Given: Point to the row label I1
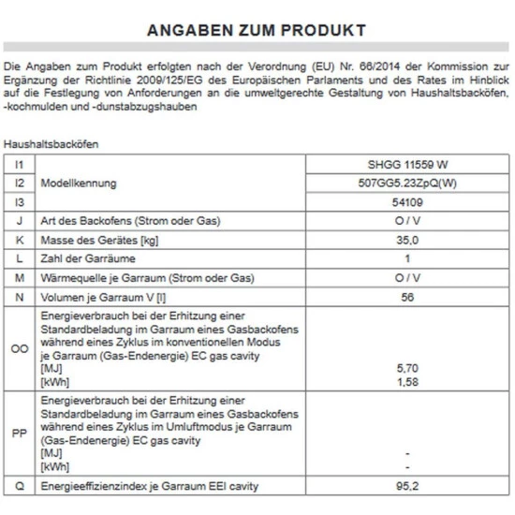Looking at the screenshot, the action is click(19, 163).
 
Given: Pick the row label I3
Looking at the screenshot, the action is click(19, 200).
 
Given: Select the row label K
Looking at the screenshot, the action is click(19, 239).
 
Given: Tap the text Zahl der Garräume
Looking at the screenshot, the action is click(87, 257).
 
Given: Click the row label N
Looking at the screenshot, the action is click(19, 297).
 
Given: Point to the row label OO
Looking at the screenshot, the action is click(19, 348).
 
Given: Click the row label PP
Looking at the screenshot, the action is click(19, 434).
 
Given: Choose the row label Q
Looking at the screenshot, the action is click(19, 487).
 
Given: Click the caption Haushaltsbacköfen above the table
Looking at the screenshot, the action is click(51, 145).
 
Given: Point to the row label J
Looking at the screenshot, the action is click(19, 220).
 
